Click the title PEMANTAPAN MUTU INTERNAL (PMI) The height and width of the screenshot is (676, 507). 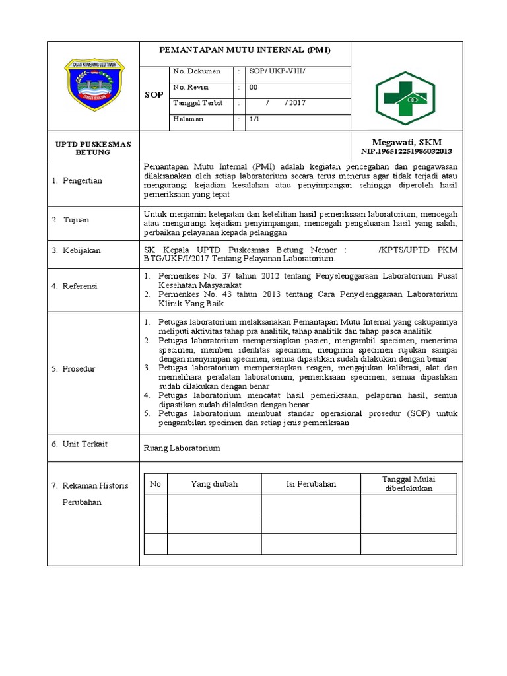point(245,50)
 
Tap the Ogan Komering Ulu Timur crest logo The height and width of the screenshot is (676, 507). point(94,85)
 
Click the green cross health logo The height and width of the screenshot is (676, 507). point(407,98)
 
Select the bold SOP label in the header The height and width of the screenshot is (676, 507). point(154,95)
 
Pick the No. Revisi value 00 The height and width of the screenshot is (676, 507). point(253,87)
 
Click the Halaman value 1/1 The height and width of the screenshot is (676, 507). point(254,119)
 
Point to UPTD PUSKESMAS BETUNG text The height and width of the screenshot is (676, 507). point(93,148)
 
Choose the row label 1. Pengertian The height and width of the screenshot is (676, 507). point(77,180)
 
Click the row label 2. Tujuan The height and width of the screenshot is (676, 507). point(71,220)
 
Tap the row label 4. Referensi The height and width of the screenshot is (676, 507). point(75,286)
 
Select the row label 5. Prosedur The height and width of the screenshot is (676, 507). point(74,368)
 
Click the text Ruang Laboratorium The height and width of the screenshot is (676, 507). point(182,448)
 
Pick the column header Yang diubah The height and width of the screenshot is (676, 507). point(214,484)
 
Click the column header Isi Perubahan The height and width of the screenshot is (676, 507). point(311,484)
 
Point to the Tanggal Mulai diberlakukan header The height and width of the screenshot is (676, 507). point(408,484)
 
